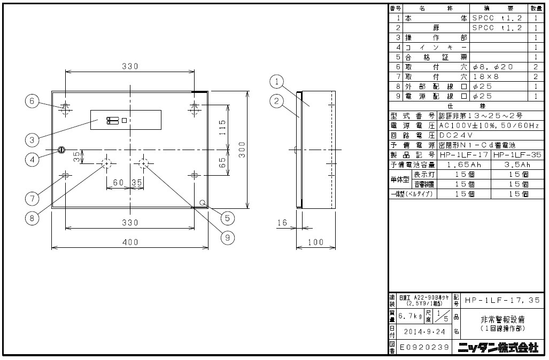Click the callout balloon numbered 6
point(32,101)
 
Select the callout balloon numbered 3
point(32,139)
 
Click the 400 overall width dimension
point(130,242)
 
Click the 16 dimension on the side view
point(282,223)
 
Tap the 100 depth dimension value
point(316,242)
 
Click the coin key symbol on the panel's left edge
point(61,150)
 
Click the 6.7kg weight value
point(410,316)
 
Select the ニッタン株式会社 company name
point(498,348)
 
